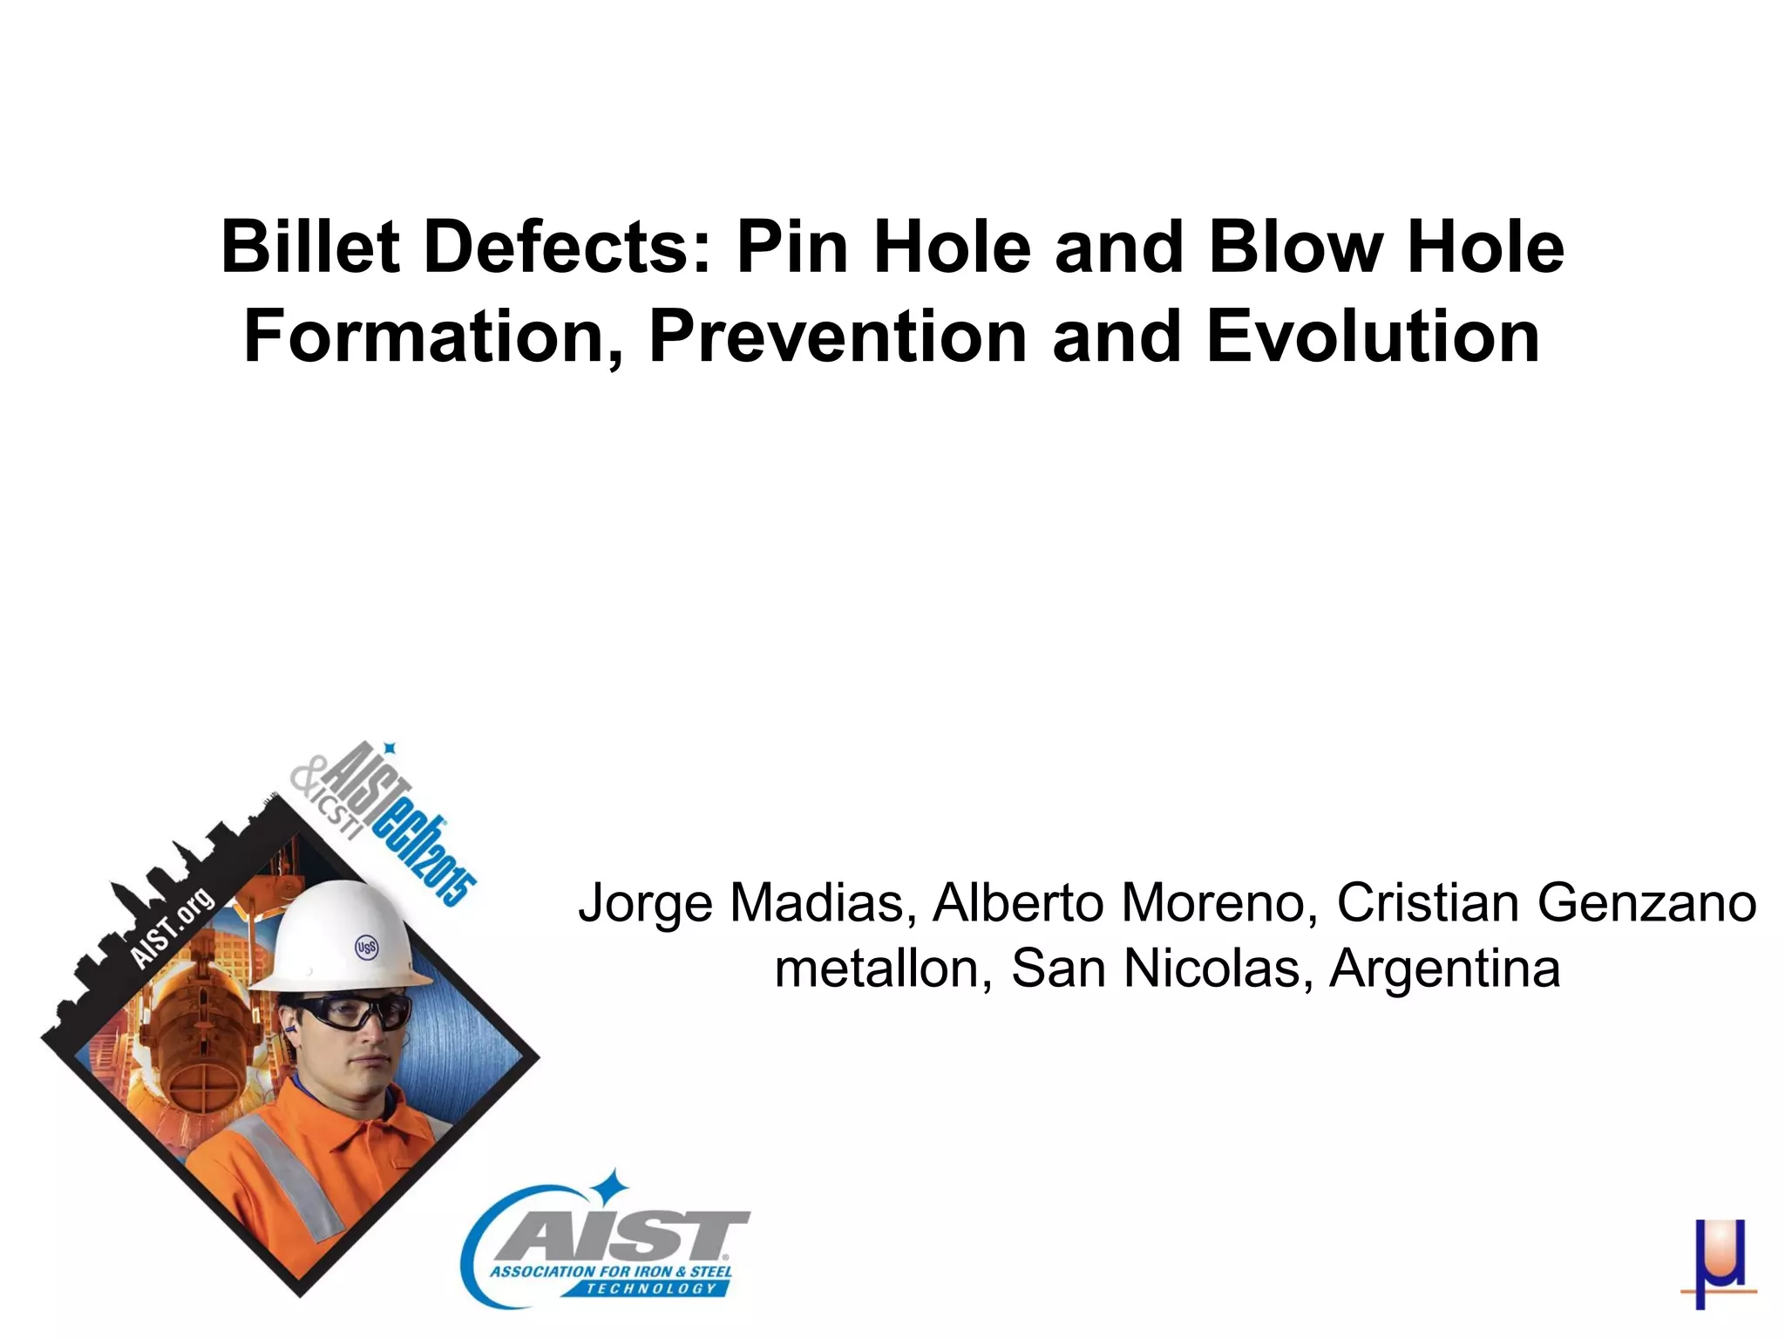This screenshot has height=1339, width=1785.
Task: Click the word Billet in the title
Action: coord(309,247)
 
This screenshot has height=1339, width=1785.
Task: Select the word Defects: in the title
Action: coord(569,247)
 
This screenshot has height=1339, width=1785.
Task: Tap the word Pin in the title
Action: coord(792,247)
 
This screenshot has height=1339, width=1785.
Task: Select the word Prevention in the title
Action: coord(838,337)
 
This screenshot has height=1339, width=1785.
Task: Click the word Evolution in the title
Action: coord(1373,337)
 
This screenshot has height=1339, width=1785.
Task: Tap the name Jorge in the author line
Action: coord(646,904)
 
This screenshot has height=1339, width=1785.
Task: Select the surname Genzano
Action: coord(1646,902)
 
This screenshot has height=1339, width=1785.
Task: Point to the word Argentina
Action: coord(1444,969)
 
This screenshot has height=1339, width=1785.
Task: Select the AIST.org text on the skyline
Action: coord(172,928)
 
